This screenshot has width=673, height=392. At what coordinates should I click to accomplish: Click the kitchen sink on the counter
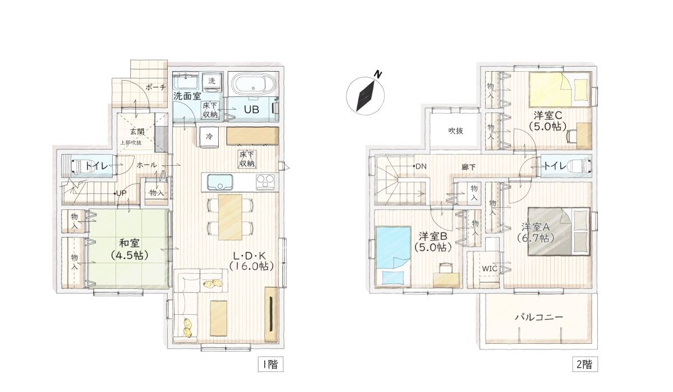220,182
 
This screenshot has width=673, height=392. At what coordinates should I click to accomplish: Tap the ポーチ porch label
155,87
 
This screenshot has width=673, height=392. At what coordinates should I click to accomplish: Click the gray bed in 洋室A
559,231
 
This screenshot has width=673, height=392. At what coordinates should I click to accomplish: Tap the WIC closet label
488,268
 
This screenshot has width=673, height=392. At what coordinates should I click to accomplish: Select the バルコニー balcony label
538,317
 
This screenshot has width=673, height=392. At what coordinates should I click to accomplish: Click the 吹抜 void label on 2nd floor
455,131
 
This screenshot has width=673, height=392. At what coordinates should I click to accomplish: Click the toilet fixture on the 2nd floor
578,166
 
